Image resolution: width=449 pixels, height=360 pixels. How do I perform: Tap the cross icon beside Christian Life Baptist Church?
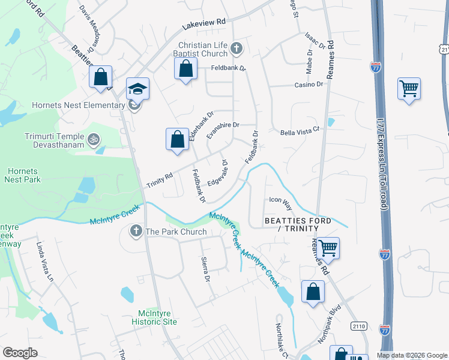tap(237, 48)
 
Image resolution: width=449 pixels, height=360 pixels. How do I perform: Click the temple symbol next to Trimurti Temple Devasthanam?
tap(92, 140)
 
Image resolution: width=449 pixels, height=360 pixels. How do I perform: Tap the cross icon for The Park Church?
tap(136, 231)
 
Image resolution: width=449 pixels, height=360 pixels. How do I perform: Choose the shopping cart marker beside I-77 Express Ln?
tap(409, 89)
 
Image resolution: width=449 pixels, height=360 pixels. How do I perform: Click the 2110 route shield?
tap(359, 325)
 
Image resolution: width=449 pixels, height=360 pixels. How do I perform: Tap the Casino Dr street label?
tap(309, 85)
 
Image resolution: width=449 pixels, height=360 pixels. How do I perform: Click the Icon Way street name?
tap(280, 203)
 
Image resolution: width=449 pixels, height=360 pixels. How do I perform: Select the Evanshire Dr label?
tap(223, 125)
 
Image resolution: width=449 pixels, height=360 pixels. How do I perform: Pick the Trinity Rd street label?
tap(160, 180)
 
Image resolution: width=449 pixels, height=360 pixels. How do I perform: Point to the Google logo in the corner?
tap(20, 352)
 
